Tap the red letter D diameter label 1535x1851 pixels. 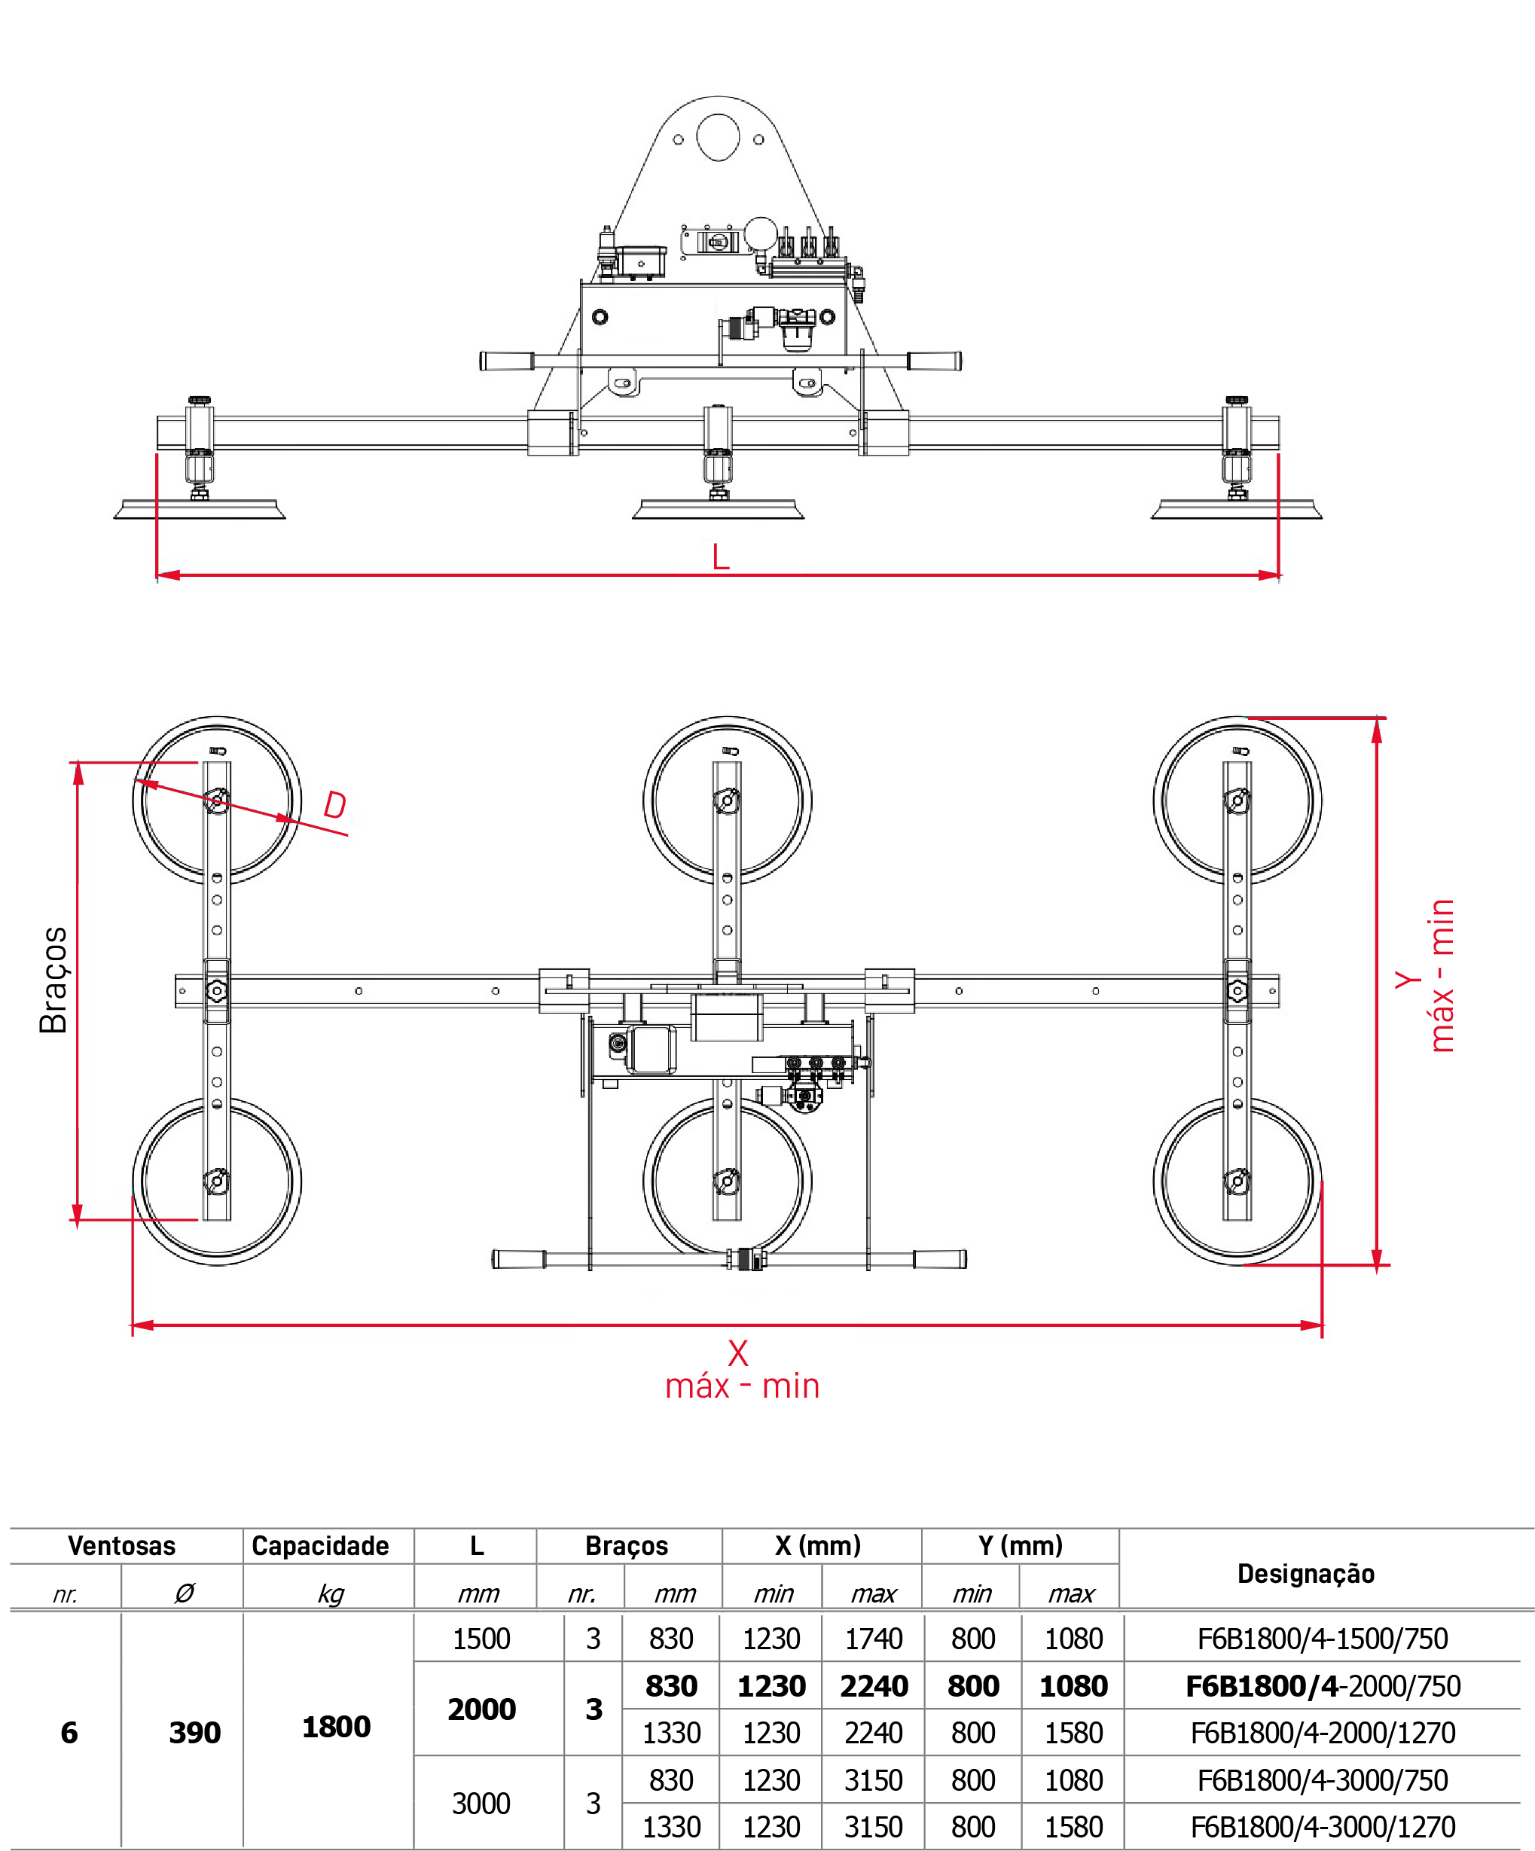pos(335,805)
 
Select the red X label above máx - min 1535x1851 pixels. pos(738,1353)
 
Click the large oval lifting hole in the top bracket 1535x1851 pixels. pos(718,138)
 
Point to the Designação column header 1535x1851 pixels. pos(1306,1573)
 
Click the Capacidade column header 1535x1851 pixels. pos(320,1545)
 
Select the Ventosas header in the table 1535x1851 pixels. pos(122,1545)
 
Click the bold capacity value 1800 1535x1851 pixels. pos(336,1727)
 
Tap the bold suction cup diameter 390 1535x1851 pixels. pos(195,1732)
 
